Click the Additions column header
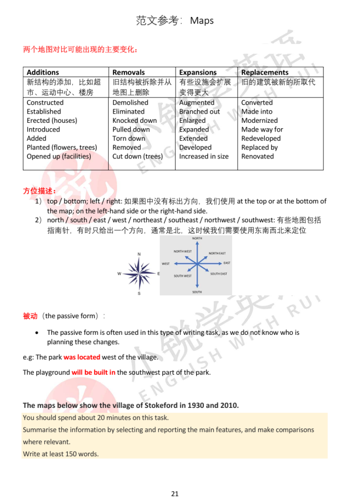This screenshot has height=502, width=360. pyautogui.click(x=43, y=72)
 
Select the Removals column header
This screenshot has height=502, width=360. pyautogui.click(x=129, y=72)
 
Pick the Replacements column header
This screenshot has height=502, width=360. pyautogui.click(x=265, y=72)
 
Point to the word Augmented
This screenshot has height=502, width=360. pyautogui.click(x=197, y=102)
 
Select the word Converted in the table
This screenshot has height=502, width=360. pyautogui.click(x=257, y=102)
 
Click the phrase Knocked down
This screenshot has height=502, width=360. pyautogui.click(x=135, y=120)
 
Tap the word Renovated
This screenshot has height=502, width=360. pyautogui.click(x=258, y=156)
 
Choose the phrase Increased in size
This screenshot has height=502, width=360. pyautogui.click(x=203, y=156)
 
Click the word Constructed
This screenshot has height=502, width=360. pyautogui.click(x=45, y=102)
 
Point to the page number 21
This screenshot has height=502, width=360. pyautogui.click(x=175, y=494)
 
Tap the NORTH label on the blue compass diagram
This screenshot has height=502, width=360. pyautogui.click(x=197, y=238)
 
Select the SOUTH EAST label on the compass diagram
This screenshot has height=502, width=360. pyautogui.click(x=219, y=274)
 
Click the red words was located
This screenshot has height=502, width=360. pyautogui.click(x=82, y=357)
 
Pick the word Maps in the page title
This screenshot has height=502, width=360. pyautogui.click(x=202, y=20)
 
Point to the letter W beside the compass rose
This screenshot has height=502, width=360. pyautogui.click(x=119, y=273)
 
